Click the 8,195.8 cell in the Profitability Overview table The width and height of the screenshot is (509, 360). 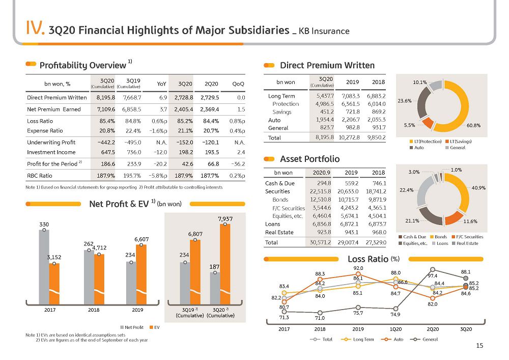pos(106,97)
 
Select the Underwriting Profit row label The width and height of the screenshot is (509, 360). pos(51,142)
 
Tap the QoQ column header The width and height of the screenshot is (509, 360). pos(238,84)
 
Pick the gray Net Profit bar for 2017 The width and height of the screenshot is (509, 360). pos(44,267)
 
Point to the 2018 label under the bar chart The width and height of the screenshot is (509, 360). pos(94,310)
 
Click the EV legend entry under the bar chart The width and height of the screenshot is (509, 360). pos(155,327)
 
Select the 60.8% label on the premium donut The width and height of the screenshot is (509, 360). pos(473,125)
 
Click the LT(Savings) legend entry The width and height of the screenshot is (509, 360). pos(459,142)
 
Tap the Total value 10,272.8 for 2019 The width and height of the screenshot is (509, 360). pos(349,137)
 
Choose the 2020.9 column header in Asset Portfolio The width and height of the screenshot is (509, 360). pos(321,173)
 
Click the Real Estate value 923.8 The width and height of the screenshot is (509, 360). pos(324,232)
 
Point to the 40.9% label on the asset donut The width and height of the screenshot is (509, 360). pos(478,188)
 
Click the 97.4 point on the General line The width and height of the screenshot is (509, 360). pos(433,270)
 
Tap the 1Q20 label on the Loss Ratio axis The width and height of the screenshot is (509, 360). pos(395,329)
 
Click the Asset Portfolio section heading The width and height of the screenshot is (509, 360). pos(309,159)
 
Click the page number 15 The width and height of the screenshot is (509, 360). pos(479,345)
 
